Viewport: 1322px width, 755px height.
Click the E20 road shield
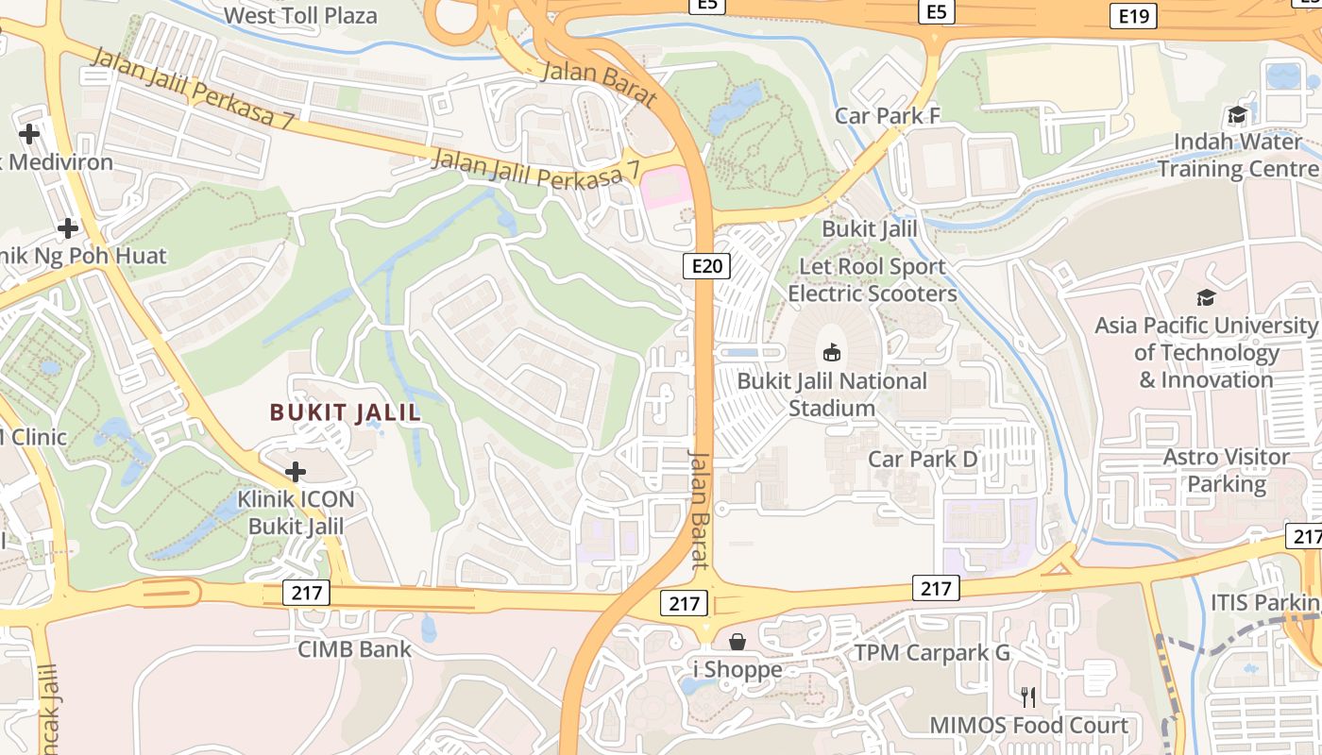[706, 266]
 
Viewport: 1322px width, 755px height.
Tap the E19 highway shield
[1132, 15]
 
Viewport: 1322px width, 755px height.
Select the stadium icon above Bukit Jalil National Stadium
[832, 352]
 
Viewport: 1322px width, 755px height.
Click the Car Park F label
[888, 115]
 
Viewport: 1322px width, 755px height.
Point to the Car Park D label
[923, 459]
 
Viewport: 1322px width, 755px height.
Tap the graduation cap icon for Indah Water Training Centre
[1236, 115]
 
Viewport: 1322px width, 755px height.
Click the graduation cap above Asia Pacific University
[1206, 297]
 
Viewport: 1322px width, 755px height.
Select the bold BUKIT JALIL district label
[346, 412]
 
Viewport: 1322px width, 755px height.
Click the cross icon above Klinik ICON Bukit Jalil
[296, 471]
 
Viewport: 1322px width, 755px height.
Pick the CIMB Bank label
[355, 648]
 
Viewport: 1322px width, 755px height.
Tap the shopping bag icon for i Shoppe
[737, 642]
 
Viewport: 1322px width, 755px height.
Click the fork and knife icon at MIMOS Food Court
[1028, 696]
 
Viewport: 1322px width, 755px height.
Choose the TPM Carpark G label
[932, 652]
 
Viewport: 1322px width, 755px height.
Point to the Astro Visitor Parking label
[1226, 470]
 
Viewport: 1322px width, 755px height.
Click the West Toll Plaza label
[301, 15]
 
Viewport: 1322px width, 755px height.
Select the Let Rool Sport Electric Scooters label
[873, 280]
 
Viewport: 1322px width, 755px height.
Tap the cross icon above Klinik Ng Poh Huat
[67, 228]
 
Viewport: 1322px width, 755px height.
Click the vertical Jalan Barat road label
[699, 510]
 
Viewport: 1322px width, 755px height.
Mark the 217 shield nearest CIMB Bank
[306, 593]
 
